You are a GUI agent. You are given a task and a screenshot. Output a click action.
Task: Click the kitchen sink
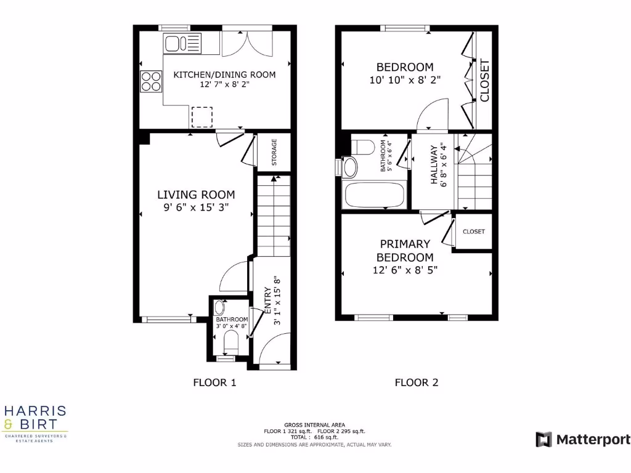[x=182, y=44]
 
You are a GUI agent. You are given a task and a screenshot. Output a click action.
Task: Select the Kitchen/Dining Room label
[x=224, y=75]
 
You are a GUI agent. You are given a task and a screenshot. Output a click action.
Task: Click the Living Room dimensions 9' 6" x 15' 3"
[x=196, y=208]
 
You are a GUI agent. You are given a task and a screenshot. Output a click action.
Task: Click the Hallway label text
[x=434, y=164]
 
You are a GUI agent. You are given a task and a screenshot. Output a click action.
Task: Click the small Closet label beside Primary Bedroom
[x=474, y=232]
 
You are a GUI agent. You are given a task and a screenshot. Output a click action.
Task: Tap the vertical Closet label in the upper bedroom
[x=484, y=80]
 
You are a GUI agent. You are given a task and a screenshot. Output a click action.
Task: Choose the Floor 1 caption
[x=214, y=382]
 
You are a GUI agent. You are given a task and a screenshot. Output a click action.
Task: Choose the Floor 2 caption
[x=417, y=382]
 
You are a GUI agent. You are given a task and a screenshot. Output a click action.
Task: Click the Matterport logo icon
[x=543, y=439]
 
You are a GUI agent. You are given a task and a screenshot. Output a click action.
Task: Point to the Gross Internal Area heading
[x=314, y=425]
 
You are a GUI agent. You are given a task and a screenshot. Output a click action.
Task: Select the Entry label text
[x=267, y=301]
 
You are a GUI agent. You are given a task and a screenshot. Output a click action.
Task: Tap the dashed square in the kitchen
[x=202, y=116]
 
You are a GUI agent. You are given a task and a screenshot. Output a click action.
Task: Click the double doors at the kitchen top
[x=245, y=43]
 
